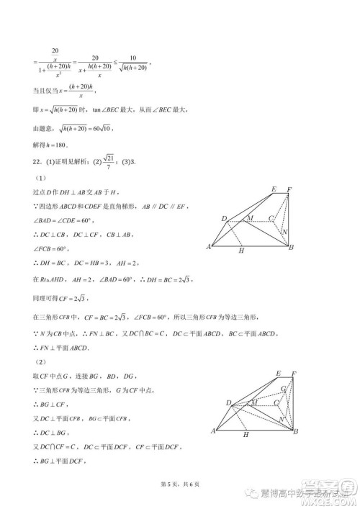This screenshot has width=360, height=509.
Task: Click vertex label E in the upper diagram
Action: coord(274,189)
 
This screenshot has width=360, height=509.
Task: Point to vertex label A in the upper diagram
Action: coord(208,247)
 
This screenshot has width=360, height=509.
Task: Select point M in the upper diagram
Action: coord(250,217)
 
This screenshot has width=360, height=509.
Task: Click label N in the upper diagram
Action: coord(285,232)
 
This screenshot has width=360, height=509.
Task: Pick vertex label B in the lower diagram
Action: coord(296,431)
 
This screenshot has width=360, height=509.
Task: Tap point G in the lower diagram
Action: coord(283,390)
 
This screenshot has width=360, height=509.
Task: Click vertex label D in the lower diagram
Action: coord(228,402)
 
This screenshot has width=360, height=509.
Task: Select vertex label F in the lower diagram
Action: coord(293,374)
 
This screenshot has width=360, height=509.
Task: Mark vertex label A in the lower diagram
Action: coord(213,431)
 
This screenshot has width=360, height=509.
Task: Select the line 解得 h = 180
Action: coord(52,143)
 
